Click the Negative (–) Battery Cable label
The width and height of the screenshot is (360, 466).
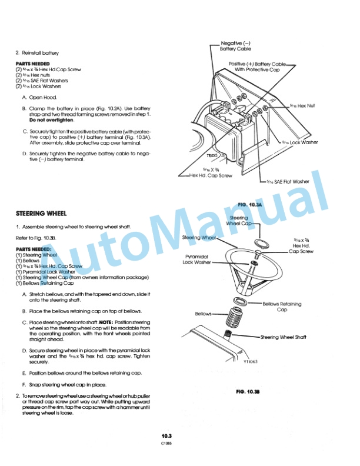coord(235,46)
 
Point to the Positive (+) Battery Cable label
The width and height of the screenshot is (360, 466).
coord(257,66)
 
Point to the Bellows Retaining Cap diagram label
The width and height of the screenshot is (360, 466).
coord(282,307)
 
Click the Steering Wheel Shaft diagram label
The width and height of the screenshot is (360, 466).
coord(284,337)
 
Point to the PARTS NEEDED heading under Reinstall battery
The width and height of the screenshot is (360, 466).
coord(32,64)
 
